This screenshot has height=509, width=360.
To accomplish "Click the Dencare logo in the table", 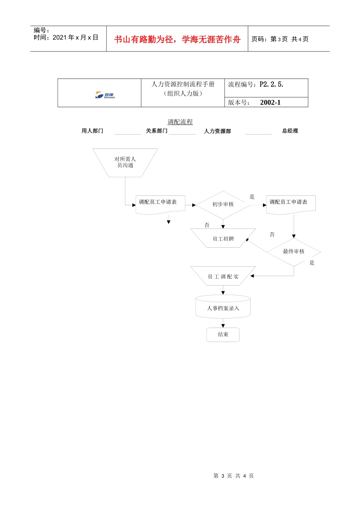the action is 105,95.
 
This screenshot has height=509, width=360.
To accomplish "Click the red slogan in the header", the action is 177,39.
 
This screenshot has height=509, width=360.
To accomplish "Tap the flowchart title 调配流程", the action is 180,122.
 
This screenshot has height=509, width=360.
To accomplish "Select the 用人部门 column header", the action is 92,131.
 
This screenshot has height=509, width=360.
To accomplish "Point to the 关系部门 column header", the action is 157,131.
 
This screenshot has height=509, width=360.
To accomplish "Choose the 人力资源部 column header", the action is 217,131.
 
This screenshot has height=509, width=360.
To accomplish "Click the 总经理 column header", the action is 290,131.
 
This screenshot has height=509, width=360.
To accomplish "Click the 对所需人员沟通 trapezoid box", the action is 125,162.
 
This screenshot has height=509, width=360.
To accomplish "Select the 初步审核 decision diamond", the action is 223,205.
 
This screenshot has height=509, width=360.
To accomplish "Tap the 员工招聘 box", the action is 223,239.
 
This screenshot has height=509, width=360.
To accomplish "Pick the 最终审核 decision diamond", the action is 294,251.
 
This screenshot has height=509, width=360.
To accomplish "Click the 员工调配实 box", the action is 223,276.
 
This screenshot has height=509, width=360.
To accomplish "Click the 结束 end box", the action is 223,334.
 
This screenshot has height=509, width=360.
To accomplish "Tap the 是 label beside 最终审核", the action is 312,263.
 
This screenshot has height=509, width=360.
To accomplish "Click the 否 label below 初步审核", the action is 207,225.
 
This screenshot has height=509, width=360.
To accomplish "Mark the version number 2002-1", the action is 270,103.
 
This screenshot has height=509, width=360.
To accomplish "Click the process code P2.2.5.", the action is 271,84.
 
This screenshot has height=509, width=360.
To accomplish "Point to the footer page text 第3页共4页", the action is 233,476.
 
